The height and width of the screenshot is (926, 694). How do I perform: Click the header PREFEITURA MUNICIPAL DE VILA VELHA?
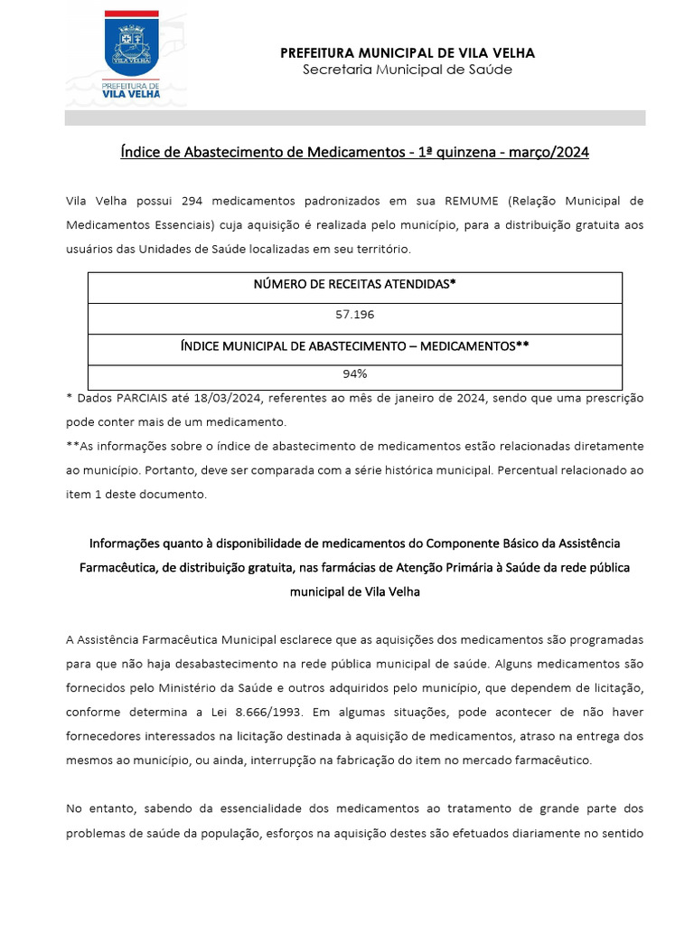[x=408, y=53]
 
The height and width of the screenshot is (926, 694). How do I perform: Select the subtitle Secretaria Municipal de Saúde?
[x=408, y=70]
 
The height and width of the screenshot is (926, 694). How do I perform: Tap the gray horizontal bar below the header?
[x=355, y=118]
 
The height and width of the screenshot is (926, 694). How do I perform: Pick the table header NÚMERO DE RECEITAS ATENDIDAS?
[x=355, y=284]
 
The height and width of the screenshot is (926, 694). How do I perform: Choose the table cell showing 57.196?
[x=355, y=316]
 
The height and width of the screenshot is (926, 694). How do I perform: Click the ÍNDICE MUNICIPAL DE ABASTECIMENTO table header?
[x=355, y=345]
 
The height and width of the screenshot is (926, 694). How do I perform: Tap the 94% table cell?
[x=355, y=373]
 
